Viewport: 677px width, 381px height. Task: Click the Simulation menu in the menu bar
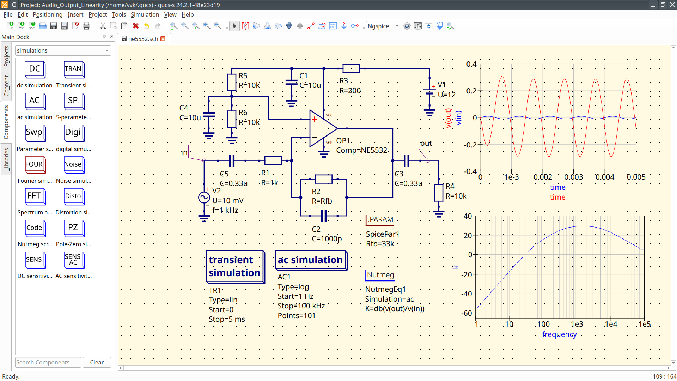(x=145, y=14)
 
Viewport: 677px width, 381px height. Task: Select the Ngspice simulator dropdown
(x=383, y=26)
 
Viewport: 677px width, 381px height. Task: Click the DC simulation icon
(x=35, y=69)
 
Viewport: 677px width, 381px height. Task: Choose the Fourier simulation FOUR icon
(x=35, y=164)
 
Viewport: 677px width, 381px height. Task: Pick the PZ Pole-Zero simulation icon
(x=73, y=228)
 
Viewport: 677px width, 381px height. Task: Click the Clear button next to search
(x=97, y=362)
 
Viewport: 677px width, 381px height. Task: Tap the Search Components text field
(x=48, y=362)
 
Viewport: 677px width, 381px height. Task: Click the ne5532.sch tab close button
(x=163, y=39)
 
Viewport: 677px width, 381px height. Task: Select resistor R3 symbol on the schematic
(x=351, y=68)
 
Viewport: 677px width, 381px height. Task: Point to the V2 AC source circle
(x=204, y=198)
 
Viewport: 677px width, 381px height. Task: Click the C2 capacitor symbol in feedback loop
(x=324, y=216)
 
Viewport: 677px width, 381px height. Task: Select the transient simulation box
(x=235, y=266)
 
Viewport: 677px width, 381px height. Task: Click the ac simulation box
(x=310, y=260)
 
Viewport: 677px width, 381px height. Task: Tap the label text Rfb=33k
(x=380, y=244)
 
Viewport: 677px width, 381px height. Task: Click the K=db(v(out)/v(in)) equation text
(x=395, y=309)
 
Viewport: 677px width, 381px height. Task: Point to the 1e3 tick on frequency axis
(x=577, y=324)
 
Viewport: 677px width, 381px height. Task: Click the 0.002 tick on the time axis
(x=542, y=177)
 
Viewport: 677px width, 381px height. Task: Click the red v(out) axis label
(x=448, y=118)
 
